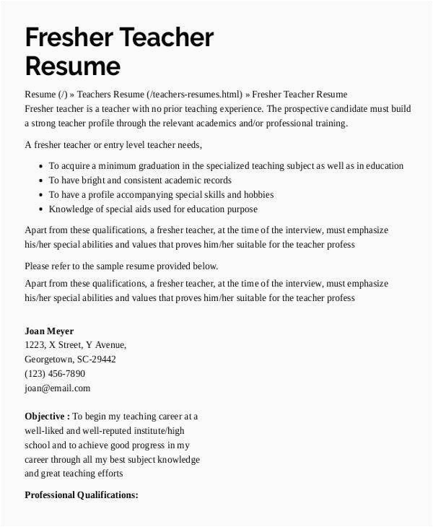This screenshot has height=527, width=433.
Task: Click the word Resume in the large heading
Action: (x=72, y=66)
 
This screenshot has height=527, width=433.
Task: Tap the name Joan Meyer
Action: (x=49, y=331)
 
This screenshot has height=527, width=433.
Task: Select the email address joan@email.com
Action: (x=58, y=388)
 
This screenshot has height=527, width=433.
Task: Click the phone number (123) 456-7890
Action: (x=55, y=373)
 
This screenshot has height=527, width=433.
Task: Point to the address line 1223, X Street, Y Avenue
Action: (x=76, y=345)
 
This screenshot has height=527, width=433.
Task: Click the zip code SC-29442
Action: (x=97, y=359)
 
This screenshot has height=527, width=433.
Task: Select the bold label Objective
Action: (x=47, y=417)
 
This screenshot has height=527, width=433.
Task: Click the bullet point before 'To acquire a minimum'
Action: (x=39, y=166)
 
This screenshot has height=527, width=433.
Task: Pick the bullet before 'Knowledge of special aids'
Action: (x=39, y=209)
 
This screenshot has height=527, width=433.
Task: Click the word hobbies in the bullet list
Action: (x=258, y=195)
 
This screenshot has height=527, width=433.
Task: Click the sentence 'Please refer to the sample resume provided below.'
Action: (x=121, y=266)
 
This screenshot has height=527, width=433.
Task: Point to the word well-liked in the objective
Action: (x=46, y=431)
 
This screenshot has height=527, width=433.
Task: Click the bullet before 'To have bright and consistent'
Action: (x=39, y=180)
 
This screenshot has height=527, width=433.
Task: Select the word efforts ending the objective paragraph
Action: (x=108, y=474)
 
